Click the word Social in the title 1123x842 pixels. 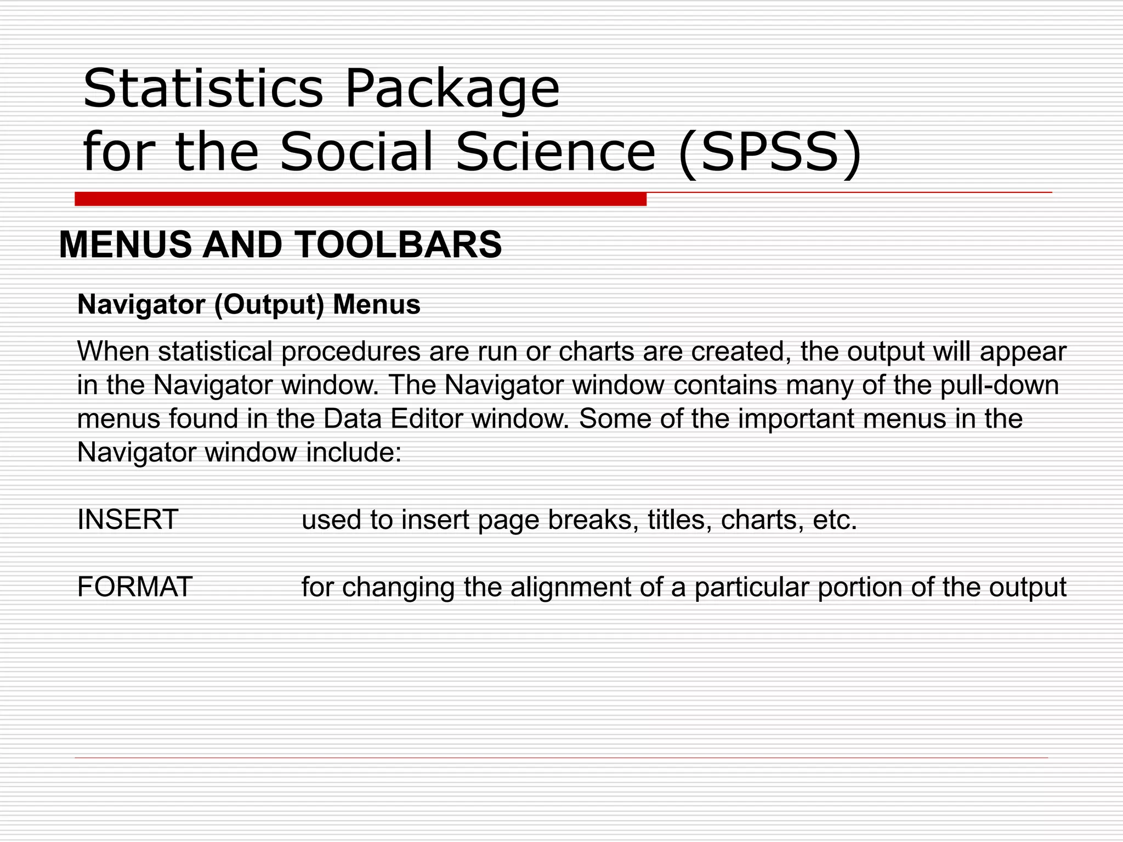(x=356, y=151)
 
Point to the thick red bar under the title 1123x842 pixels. (x=360, y=199)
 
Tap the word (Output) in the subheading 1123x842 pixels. (x=269, y=305)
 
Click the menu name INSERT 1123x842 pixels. (x=128, y=519)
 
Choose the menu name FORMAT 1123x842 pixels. (x=135, y=587)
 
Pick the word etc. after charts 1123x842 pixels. (x=834, y=520)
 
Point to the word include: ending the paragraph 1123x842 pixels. (x=354, y=453)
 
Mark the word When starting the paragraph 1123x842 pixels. (x=114, y=351)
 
